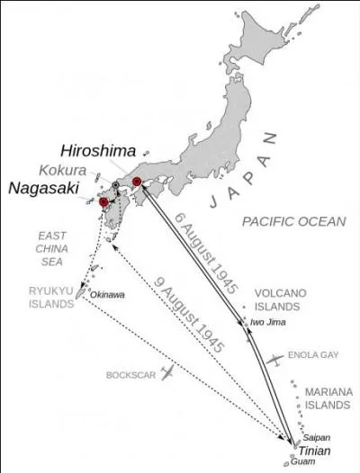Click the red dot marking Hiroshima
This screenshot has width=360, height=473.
pyautogui.click(x=137, y=182)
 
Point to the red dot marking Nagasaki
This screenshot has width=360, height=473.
pyautogui.click(x=104, y=202)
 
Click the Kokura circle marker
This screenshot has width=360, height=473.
pyautogui.click(x=115, y=184)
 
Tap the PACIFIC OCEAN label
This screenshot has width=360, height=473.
pyautogui.click(x=293, y=220)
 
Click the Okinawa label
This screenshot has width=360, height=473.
pyautogui.click(x=107, y=294)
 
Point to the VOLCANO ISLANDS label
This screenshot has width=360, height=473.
pyautogui.click(x=281, y=299)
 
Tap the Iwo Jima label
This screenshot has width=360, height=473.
pyautogui.click(x=267, y=322)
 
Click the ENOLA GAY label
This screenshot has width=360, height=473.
pyautogui.click(x=313, y=355)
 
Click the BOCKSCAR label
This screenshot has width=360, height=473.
pyautogui.click(x=126, y=374)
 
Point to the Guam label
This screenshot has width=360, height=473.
pyautogui.click(x=307, y=463)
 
